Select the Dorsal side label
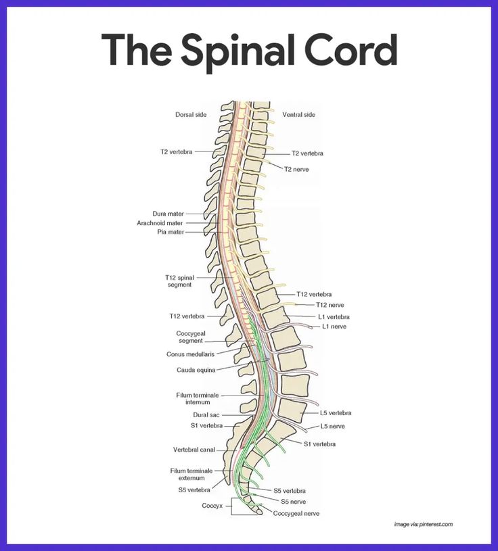pyautogui.click(x=191, y=115)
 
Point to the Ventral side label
pyautogui.click(x=298, y=115)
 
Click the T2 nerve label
pyautogui.click(x=296, y=169)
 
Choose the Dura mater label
pyautogui.click(x=168, y=214)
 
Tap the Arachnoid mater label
pyautogui.click(x=160, y=222)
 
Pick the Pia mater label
pyautogui.click(x=171, y=232)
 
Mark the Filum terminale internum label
pyautogui.click(x=198, y=398)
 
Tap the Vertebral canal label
pyautogui.click(x=194, y=449)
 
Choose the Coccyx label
pyautogui.click(x=212, y=505)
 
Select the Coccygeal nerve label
pyautogui.click(x=296, y=513)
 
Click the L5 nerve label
pyautogui.click(x=332, y=426)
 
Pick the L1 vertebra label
pyautogui.click(x=334, y=316)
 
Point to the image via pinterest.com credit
pyautogui.click(x=423, y=524)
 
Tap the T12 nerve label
pyautogui.click(x=330, y=305)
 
